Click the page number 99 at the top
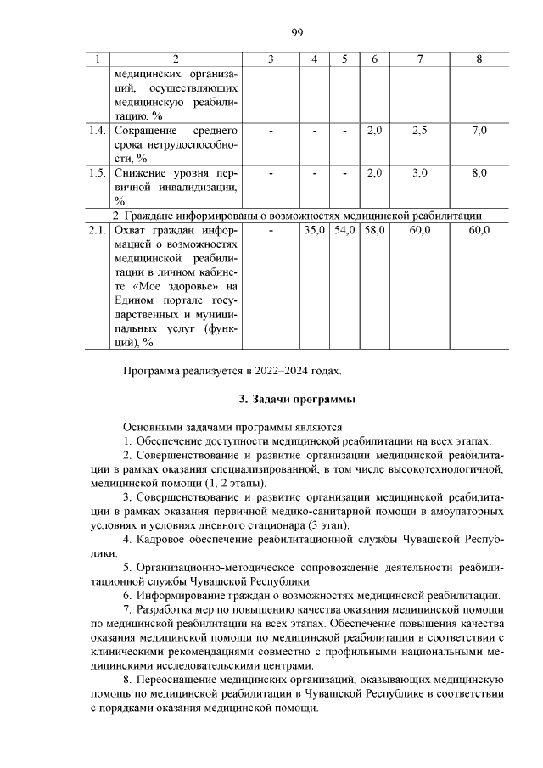pyautogui.click(x=296, y=32)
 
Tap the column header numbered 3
pyautogui.click(x=270, y=59)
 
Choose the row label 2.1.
pyautogui.click(x=97, y=230)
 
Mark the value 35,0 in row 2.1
pyautogui.click(x=315, y=230)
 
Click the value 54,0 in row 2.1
pyautogui.click(x=344, y=230)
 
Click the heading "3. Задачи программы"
pyautogui.click(x=296, y=399)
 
